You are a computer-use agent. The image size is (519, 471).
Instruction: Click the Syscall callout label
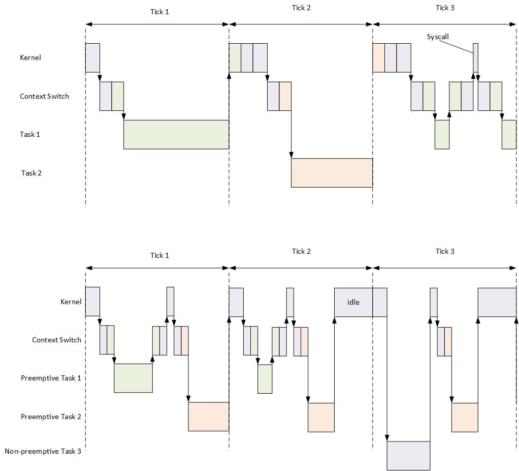click(x=438, y=37)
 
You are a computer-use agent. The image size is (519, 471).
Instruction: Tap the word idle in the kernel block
click(x=353, y=302)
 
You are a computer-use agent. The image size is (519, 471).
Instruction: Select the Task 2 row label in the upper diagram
click(x=31, y=173)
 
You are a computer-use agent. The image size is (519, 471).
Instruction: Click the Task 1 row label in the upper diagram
click(x=30, y=134)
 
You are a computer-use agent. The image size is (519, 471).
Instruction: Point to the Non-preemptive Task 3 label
click(x=43, y=451)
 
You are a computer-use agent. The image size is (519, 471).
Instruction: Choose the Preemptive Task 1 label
click(x=51, y=378)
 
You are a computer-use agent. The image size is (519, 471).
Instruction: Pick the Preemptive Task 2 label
click(x=51, y=417)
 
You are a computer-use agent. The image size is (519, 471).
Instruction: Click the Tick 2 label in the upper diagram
click(x=301, y=8)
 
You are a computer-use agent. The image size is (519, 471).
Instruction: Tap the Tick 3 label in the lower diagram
click(x=445, y=251)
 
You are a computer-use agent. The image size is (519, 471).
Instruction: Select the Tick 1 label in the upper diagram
click(x=159, y=12)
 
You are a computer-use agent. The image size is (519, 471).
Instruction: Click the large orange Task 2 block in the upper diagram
click(x=332, y=173)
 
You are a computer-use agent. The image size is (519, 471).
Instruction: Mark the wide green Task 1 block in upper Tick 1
click(x=176, y=134)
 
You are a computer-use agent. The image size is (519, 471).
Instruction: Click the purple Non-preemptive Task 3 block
click(x=408, y=456)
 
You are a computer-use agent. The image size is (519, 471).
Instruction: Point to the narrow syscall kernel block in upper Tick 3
click(x=475, y=57)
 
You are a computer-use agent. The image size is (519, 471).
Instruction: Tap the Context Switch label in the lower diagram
click(x=56, y=340)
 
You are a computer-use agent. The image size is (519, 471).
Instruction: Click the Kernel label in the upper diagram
click(x=30, y=57)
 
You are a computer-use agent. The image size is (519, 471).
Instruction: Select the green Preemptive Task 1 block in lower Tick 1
click(x=133, y=378)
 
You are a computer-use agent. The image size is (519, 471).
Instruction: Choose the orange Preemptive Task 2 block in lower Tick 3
click(x=465, y=417)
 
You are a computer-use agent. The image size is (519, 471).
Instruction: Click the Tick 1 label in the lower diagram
click(x=159, y=255)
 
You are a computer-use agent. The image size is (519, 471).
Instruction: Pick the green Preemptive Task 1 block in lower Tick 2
click(x=265, y=379)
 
